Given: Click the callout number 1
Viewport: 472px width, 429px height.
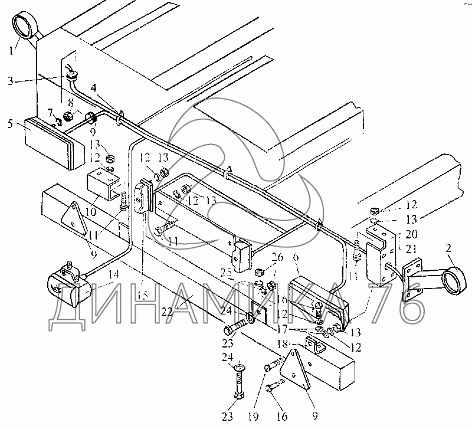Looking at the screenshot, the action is [11, 50].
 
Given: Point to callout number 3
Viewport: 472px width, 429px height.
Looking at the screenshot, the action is [11, 81].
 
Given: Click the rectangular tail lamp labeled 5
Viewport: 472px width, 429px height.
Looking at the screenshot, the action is [55, 143].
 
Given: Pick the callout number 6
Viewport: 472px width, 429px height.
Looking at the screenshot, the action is [296, 257].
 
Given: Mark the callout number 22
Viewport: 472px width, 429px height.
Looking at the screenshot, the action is [167, 311].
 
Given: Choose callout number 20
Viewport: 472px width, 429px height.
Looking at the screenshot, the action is [411, 234].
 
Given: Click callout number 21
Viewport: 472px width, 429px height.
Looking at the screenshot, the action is [411, 249].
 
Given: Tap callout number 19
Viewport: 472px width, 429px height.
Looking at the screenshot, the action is [253, 417].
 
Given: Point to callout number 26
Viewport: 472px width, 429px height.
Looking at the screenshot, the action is [277, 257].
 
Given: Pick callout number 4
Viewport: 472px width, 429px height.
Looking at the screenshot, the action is [94, 88].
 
